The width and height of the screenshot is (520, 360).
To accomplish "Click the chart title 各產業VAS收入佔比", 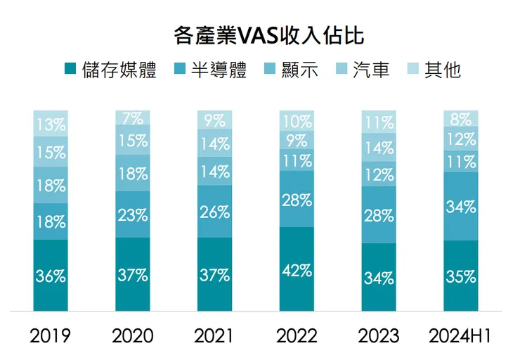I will pyautogui.click(x=259, y=35).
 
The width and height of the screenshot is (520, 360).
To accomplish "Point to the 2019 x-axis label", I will pyautogui.click(x=51, y=335).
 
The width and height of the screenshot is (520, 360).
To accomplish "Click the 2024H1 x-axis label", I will pyautogui.click(x=460, y=335).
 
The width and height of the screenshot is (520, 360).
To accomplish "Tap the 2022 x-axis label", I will pyautogui.click(x=297, y=335).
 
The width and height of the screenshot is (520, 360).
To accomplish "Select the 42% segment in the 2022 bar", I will pyautogui.click(x=297, y=269).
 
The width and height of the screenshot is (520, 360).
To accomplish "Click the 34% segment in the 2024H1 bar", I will pyautogui.click(x=460, y=207).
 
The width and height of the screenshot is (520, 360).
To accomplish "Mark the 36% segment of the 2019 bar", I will pyautogui.click(x=51, y=275).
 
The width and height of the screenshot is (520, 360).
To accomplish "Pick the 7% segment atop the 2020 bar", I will pyautogui.click(x=133, y=118).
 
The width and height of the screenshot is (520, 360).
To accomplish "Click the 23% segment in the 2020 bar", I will pyautogui.click(x=133, y=214).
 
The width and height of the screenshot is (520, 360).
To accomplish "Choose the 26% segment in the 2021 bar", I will pyautogui.click(x=214, y=212).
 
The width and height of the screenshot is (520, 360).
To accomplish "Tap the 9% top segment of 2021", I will pyautogui.click(x=214, y=120).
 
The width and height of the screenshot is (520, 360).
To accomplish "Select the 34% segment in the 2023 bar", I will pyautogui.click(x=379, y=277).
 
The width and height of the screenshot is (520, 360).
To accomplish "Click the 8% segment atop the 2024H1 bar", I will pyautogui.click(x=460, y=118).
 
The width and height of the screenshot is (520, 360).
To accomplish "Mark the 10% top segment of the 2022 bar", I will pyautogui.click(x=297, y=121).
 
